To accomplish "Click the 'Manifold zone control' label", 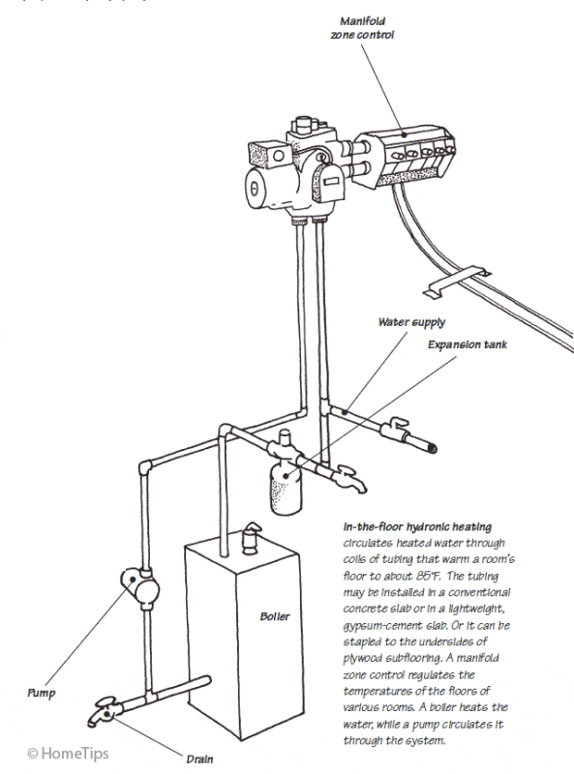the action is (x=362, y=28).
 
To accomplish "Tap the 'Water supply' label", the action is (x=411, y=322).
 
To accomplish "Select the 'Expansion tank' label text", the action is (x=468, y=344).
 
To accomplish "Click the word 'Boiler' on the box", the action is (x=275, y=616).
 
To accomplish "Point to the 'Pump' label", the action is (x=42, y=693).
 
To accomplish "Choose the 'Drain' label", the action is (x=199, y=759).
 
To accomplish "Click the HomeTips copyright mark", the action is (x=68, y=754).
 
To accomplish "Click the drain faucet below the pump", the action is (x=106, y=710).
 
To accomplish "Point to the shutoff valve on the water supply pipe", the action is (x=395, y=429).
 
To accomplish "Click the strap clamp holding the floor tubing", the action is (x=460, y=281).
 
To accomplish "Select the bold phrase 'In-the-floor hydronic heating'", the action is (x=417, y=527).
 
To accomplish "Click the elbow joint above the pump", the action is (x=145, y=466).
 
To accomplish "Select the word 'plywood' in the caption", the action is (x=362, y=659).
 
